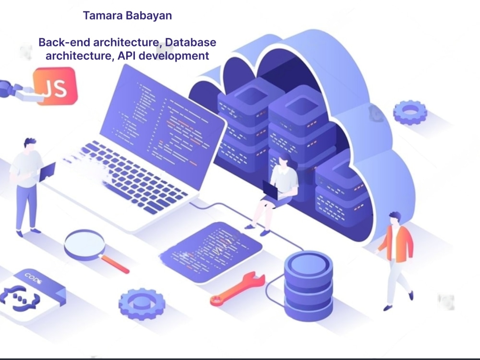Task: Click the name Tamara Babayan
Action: point(127,15)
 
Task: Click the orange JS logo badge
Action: point(55,86)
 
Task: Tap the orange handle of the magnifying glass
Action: point(115,264)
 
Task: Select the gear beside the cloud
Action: point(410,112)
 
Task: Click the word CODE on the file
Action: point(34,278)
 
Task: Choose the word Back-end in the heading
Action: point(61,42)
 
